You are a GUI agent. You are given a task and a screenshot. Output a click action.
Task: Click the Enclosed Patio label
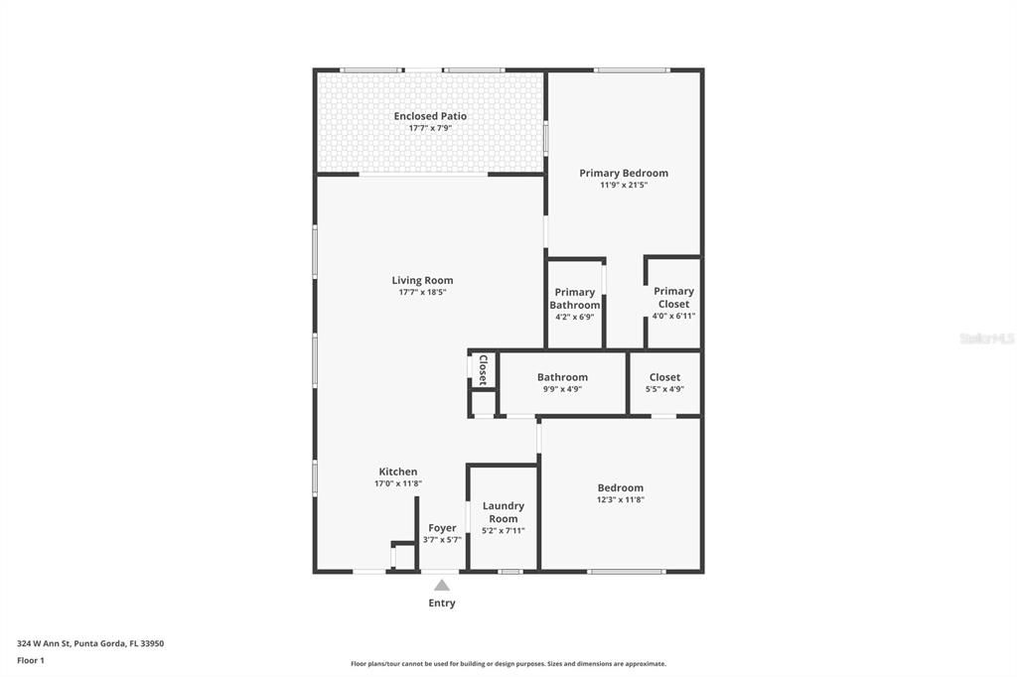[430, 116]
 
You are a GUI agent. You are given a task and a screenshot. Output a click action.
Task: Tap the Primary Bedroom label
[624, 173]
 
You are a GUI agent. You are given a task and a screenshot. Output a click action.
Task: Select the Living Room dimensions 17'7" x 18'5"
[422, 292]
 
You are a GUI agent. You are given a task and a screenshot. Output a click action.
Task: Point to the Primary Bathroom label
[575, 298]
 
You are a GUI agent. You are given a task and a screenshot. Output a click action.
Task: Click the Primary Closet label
[673, 297]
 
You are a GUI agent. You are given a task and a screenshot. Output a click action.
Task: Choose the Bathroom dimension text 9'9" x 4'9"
[562, 389]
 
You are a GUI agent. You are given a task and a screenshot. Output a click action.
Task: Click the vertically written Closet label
[483, 369]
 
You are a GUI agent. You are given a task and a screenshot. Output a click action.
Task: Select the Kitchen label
[398, 472]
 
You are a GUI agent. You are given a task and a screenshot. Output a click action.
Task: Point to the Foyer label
[442, 528]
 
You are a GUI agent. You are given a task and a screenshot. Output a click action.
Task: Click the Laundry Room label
[503, 512]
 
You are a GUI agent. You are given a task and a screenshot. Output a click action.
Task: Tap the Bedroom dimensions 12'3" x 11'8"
[620, 499]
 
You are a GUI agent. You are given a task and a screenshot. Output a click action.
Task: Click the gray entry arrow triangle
[441, 585]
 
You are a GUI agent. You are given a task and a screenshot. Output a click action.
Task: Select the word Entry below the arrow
[442, 603]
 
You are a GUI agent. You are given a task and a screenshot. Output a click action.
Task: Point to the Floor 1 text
[31, 660]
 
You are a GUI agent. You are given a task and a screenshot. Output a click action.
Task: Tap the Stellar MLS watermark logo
[986, 338]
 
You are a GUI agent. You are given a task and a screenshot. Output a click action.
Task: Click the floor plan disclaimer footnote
[508, 664]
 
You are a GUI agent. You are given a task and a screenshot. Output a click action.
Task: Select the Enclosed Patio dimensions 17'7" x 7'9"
[430, 128]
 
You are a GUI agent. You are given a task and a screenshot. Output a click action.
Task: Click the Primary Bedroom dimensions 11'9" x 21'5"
[624, 185]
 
